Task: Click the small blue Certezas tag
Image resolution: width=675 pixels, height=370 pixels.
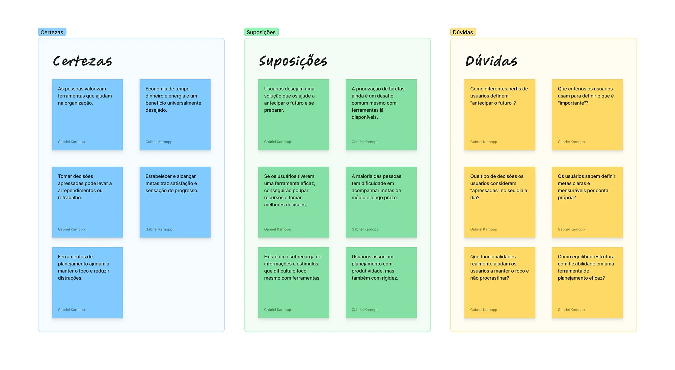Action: tap(52, 32)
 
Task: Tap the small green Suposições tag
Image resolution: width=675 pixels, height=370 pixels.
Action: tap(261, 32)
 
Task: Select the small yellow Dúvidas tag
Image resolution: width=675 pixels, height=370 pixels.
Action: tap(463, 32)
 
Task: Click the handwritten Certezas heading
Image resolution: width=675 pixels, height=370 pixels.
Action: tap(82, 61)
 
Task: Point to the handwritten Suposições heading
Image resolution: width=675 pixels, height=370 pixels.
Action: tap(293, 61)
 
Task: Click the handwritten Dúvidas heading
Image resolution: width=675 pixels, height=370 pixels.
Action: tap(491, 61)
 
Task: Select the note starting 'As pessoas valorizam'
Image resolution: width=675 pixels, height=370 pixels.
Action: tap(87, 115)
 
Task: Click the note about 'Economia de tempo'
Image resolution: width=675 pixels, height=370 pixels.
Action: tap(175, 115)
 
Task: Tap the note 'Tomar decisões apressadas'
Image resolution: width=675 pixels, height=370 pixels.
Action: tap(87, 202)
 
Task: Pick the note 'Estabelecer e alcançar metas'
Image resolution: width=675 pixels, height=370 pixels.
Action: tap(175, 202)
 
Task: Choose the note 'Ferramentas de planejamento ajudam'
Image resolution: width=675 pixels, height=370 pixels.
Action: tap(87, 283)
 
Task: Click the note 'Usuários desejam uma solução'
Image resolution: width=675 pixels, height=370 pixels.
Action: tap(294, 115)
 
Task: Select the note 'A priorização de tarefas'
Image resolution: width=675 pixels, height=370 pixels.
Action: tap(381, 115)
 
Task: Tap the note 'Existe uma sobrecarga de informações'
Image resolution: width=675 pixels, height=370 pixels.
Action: tap(294, 283)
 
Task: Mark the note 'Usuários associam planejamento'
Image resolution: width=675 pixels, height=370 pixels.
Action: tap(381, 283)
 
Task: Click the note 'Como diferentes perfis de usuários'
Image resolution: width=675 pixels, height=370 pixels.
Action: tap(500, 115)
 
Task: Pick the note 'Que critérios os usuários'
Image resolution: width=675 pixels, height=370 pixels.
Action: tap(587, 115)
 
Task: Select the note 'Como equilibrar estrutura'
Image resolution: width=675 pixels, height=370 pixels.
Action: tap(587, 283)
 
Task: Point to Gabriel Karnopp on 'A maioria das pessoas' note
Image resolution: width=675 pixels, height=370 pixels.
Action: tap(365, 229)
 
